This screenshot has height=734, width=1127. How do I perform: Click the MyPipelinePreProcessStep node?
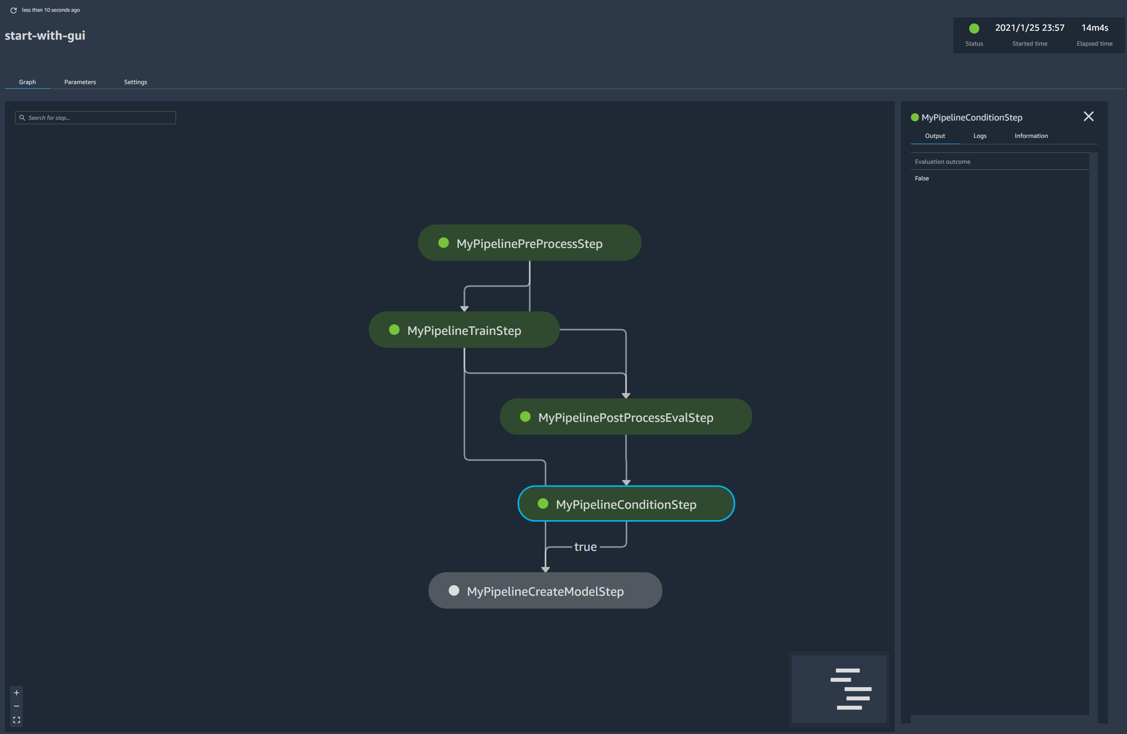530,243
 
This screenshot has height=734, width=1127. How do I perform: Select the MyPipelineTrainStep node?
464,330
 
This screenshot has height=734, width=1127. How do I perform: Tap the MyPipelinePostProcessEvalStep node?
625,417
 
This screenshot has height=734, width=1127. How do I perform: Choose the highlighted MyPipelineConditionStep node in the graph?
626,504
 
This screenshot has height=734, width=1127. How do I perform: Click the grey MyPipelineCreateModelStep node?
545,591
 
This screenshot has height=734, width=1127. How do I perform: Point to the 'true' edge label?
585,546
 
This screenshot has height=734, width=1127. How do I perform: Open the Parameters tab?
80,82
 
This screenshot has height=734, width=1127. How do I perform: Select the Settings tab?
136,82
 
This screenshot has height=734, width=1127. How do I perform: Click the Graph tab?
28,82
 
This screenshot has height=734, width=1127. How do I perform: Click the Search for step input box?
95,117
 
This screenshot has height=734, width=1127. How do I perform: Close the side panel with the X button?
1088,116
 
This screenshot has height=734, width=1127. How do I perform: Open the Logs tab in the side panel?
980,136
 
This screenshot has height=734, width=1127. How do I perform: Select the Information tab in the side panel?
1031,136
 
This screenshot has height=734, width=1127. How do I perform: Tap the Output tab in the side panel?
935,136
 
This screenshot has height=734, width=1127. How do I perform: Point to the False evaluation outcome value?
922,178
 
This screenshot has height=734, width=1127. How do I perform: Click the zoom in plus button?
17,693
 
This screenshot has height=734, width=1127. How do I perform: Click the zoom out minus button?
17,706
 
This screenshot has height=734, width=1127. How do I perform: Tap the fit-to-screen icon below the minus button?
17,720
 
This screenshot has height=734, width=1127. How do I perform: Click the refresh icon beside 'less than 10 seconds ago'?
14,10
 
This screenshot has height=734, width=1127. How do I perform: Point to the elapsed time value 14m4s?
1094,27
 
